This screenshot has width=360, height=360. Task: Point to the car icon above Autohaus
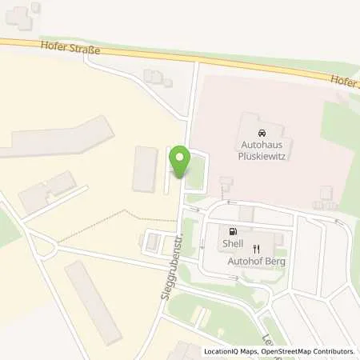262,132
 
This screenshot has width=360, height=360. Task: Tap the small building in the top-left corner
22,14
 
